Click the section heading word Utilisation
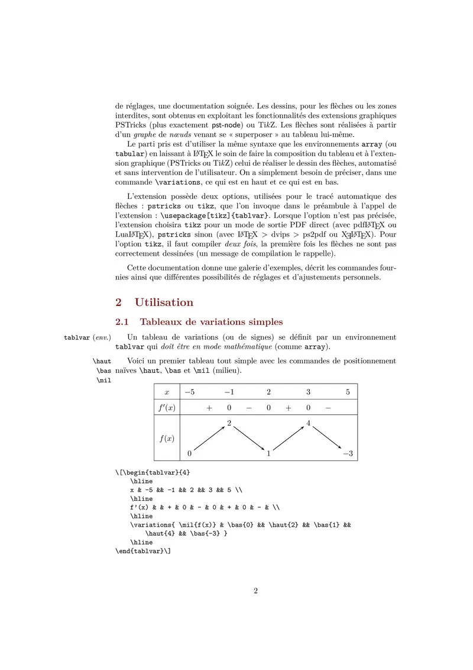(164, 302)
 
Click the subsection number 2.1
(122, 322)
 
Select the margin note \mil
(103, 381)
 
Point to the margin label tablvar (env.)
(88, 337)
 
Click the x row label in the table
(167, 392)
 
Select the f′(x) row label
(167, 408)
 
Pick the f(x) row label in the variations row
(167, 439)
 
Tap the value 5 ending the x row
(348, 392)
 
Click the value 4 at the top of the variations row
(309, 423)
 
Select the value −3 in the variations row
(348, 454)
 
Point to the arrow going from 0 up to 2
(209, 439)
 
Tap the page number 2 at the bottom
(255, 591)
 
